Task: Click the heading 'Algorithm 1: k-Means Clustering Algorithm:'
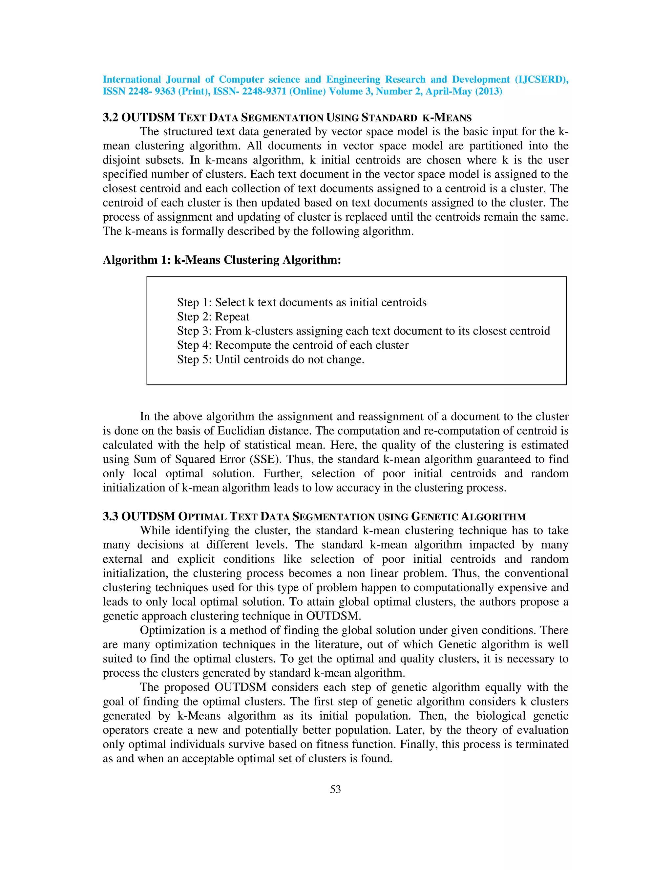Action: pyautogui.click(x=222, y=260)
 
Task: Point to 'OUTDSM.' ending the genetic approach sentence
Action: pyautogui.click(x=333, y=616)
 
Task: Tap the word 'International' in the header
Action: pyautogui.click(x=131, y=80)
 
